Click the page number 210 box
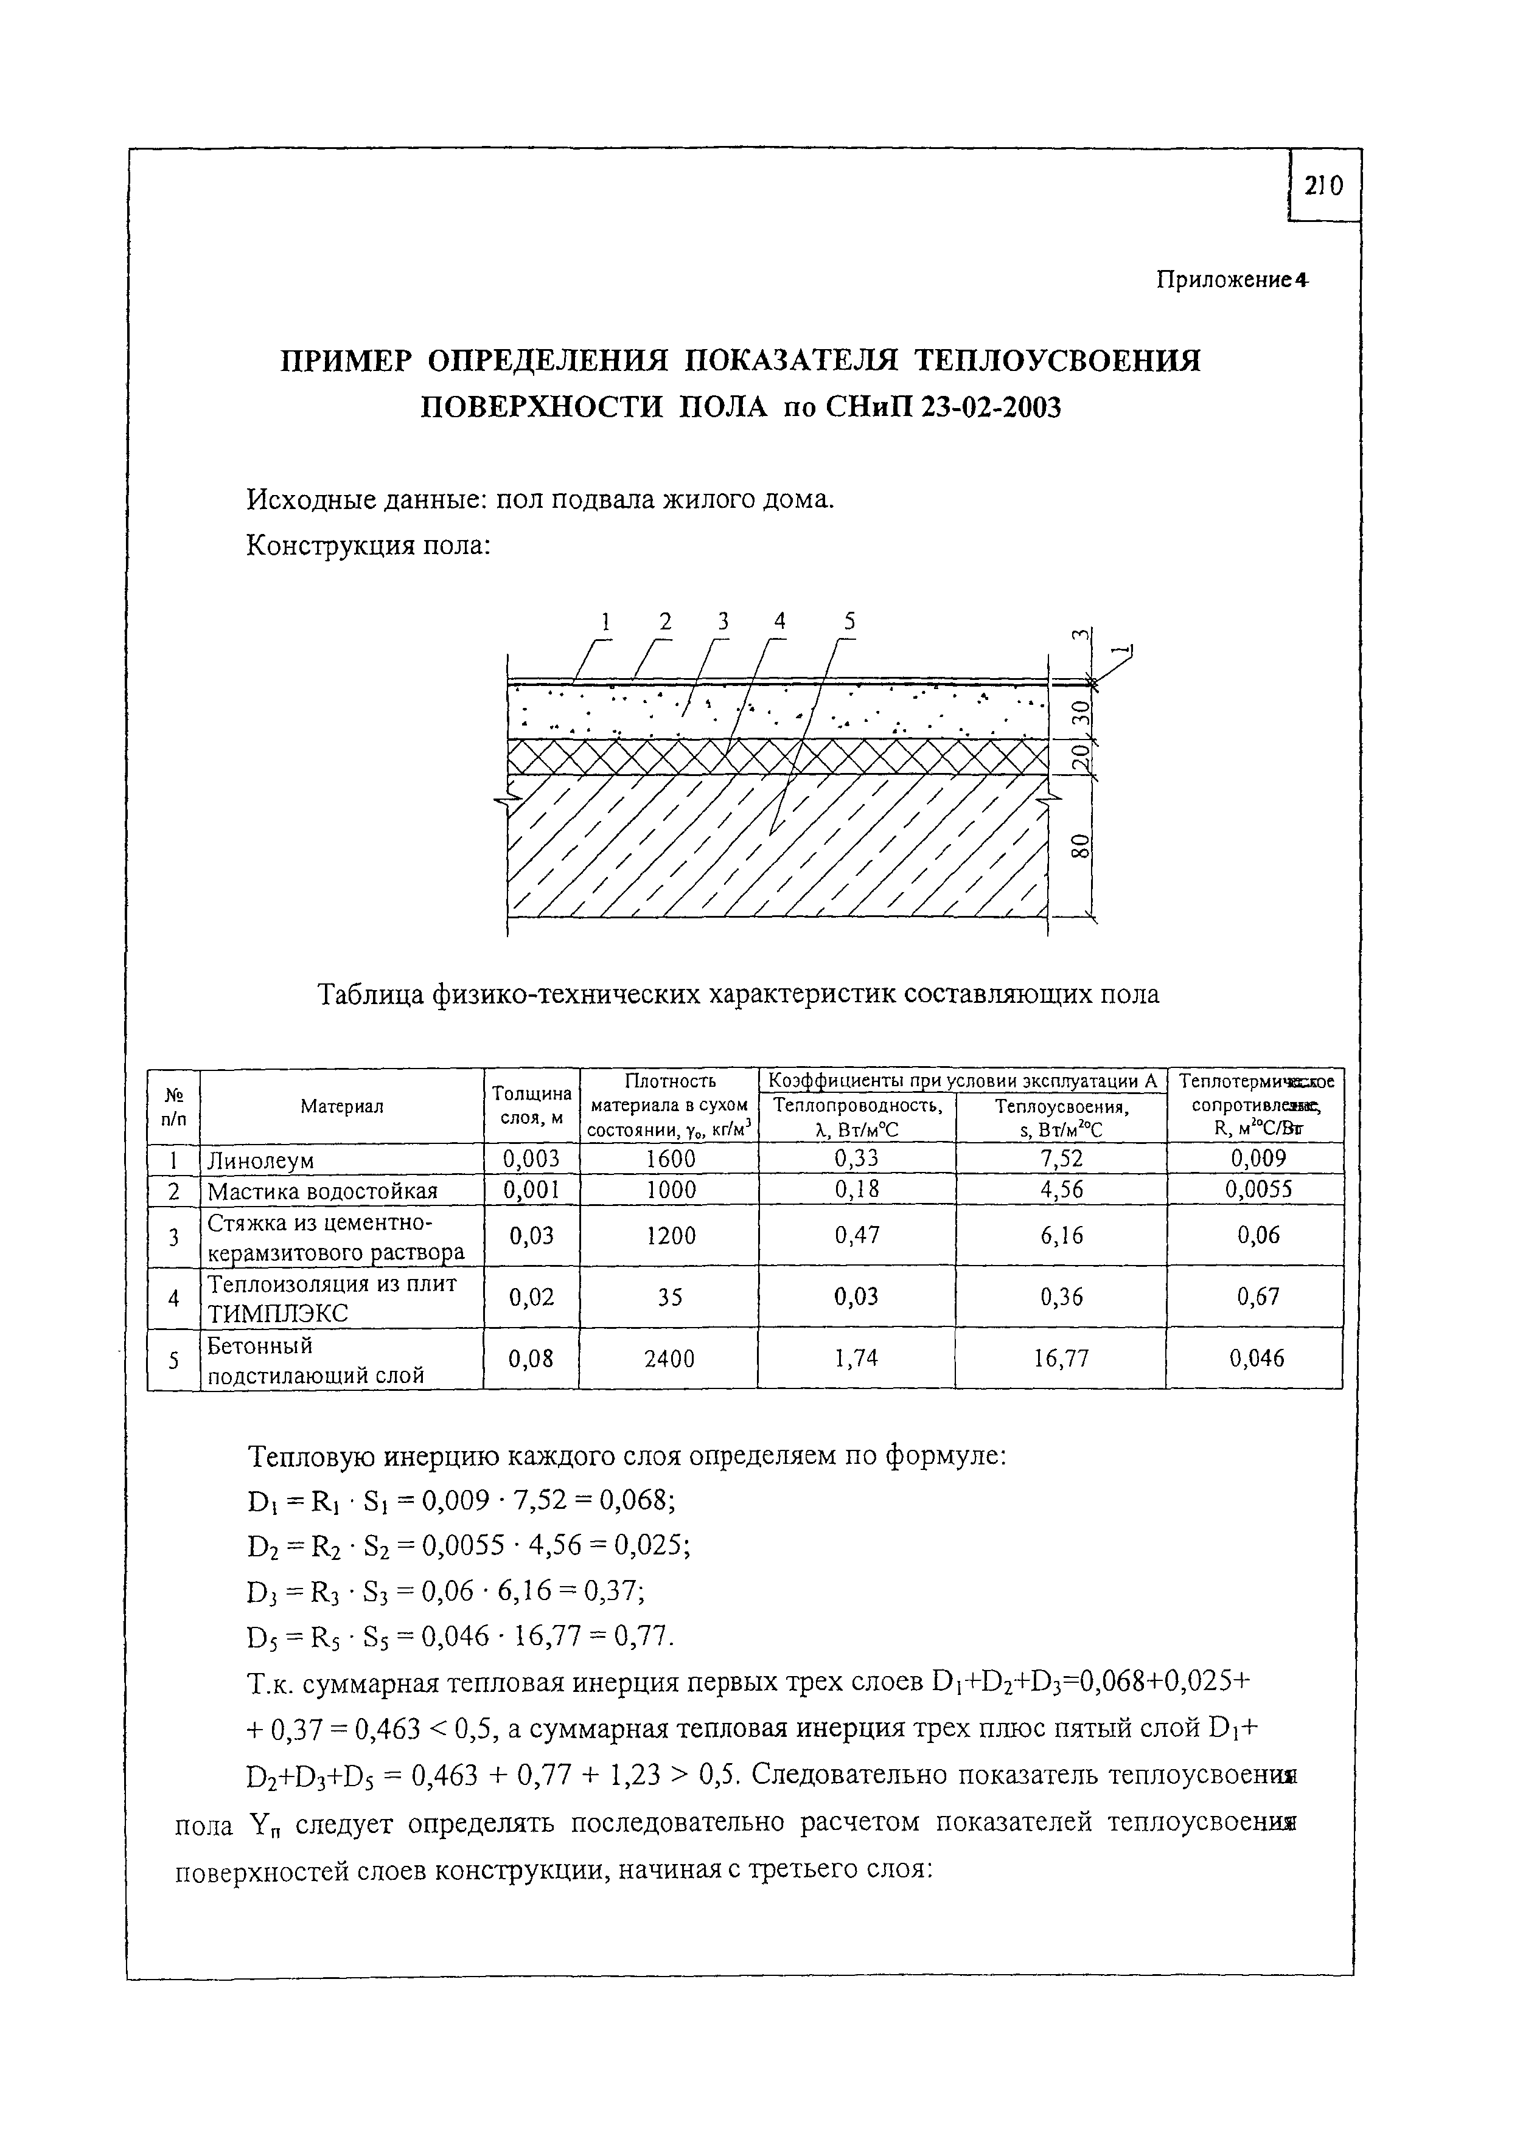point(1323,187)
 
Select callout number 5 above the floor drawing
point(849,621)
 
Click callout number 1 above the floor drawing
point(605,621)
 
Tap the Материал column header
point(341,1106)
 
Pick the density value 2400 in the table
point(669,1358)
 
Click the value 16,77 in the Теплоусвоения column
point(1061,1358)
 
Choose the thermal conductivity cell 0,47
point(856,1236)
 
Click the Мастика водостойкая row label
point(322,1191)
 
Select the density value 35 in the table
point(669,1297)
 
